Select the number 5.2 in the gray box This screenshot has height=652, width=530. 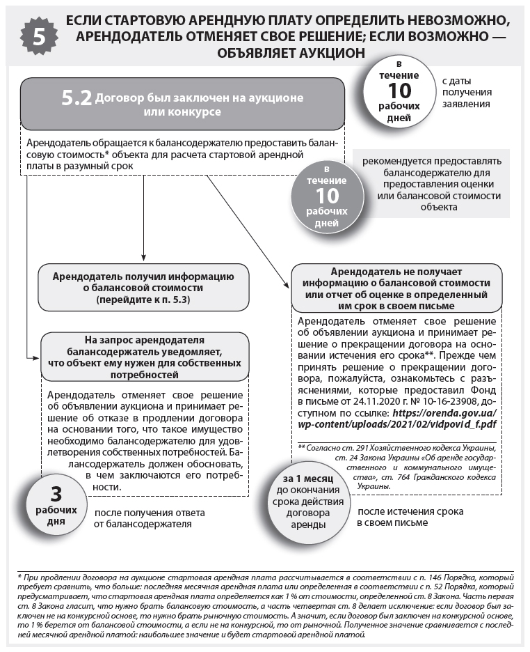pos(77,99)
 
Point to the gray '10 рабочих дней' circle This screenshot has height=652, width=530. pos(327,196)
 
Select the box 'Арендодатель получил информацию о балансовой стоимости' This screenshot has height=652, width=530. pos(143,288)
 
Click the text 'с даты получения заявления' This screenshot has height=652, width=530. pos(467,92)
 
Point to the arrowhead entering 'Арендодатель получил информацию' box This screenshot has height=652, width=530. pos(143,259)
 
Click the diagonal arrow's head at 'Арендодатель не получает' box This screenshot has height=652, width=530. pos(286,284)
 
